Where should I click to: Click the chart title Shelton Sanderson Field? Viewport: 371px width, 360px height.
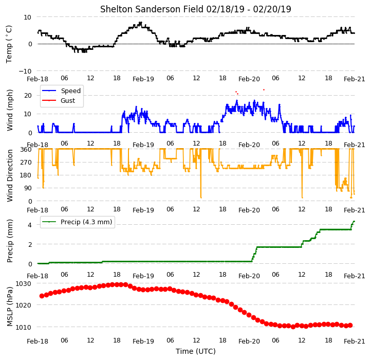(152, 9)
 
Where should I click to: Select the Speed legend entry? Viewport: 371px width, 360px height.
(61, 91)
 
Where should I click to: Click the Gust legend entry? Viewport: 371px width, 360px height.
(59, 100)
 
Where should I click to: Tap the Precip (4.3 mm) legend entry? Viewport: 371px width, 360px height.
(77, 222)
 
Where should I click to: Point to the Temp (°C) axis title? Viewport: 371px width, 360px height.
(9, 44)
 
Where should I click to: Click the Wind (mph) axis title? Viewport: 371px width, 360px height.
(9, 110)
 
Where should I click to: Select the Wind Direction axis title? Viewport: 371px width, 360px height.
(9, 175)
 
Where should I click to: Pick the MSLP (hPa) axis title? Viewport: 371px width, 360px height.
(9, 307)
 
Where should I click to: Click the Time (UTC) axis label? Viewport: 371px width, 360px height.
(196, 351)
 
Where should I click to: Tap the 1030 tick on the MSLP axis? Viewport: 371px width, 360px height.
(24, 284)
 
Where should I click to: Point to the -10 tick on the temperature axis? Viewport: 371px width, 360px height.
(25, 71)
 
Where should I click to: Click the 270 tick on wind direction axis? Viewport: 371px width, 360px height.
(26, 163)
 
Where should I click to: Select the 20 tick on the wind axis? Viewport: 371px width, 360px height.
(28, 96)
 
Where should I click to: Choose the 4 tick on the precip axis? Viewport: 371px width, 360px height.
(30, 225)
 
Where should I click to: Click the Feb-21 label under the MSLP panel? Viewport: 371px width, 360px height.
(354, 341)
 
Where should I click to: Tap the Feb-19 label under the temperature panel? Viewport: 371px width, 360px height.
(143, 79)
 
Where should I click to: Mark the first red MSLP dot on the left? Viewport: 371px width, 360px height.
(42, 296)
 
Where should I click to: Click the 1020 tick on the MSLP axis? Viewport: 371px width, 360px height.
(24, 305)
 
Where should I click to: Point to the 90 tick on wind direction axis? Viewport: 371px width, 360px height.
(28, 188)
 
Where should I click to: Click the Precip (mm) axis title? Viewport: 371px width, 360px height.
(9, 241)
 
